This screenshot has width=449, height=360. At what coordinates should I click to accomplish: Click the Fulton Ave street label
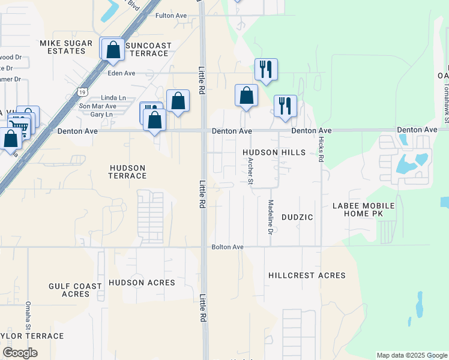coord(171,16)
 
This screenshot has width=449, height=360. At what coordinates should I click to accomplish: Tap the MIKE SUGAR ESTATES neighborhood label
coord(63,47)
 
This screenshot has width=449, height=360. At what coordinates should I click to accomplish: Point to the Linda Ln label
coord(113,97)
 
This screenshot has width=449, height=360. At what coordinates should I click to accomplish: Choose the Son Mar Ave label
coord(98,106)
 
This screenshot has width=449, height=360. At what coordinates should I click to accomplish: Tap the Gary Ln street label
coord(101,114)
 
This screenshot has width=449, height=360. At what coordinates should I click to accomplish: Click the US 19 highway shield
coord(82,91)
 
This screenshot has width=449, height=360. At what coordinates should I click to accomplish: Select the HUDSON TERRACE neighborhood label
coord(127,172)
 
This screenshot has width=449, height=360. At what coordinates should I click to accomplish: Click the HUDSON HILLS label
coord(274,152)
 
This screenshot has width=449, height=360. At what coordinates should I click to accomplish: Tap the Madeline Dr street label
coord(271,217)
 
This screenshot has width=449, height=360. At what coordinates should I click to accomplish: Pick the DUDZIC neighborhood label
coord(297,217)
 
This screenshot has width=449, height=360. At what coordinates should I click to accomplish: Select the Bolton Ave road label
coord(228,247)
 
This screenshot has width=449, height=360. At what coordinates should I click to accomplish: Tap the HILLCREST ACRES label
coord(307,275)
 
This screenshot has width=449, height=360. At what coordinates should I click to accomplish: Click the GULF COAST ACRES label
coord(76,290)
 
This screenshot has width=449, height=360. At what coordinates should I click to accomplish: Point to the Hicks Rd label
coord(321,151)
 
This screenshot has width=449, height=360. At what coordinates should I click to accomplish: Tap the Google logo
coord(20,353)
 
